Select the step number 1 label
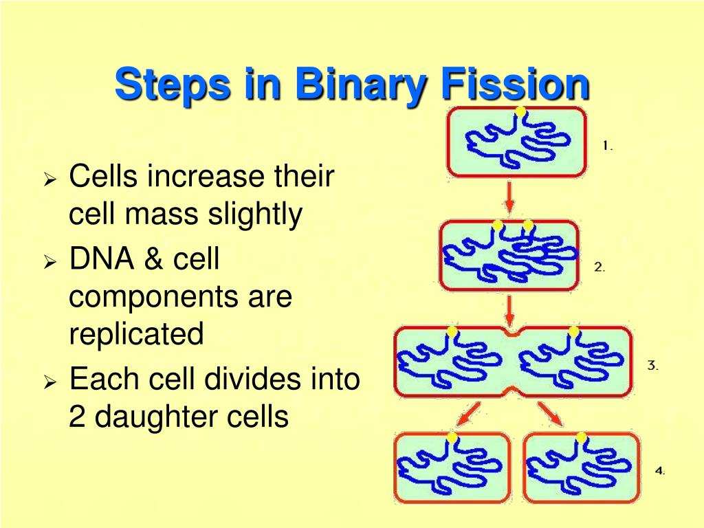click(x=607, y=146)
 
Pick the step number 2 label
click(x=599, y=267)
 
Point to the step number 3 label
click(x=652, y=366)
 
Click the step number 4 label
click(x=659, y=471)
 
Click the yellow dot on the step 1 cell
click(x=520, y=111)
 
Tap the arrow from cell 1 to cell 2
click(x=509, y=197)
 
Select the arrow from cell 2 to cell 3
click(x=509, y=311)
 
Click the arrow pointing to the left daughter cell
click(x=470, y=414)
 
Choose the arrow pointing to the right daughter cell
click(x=551, y=414)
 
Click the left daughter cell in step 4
click(x=452, y=468)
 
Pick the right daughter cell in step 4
click(x=581, y=468)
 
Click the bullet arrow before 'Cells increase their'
click(x=49, y=181)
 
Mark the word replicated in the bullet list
click(x=136, y=335)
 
